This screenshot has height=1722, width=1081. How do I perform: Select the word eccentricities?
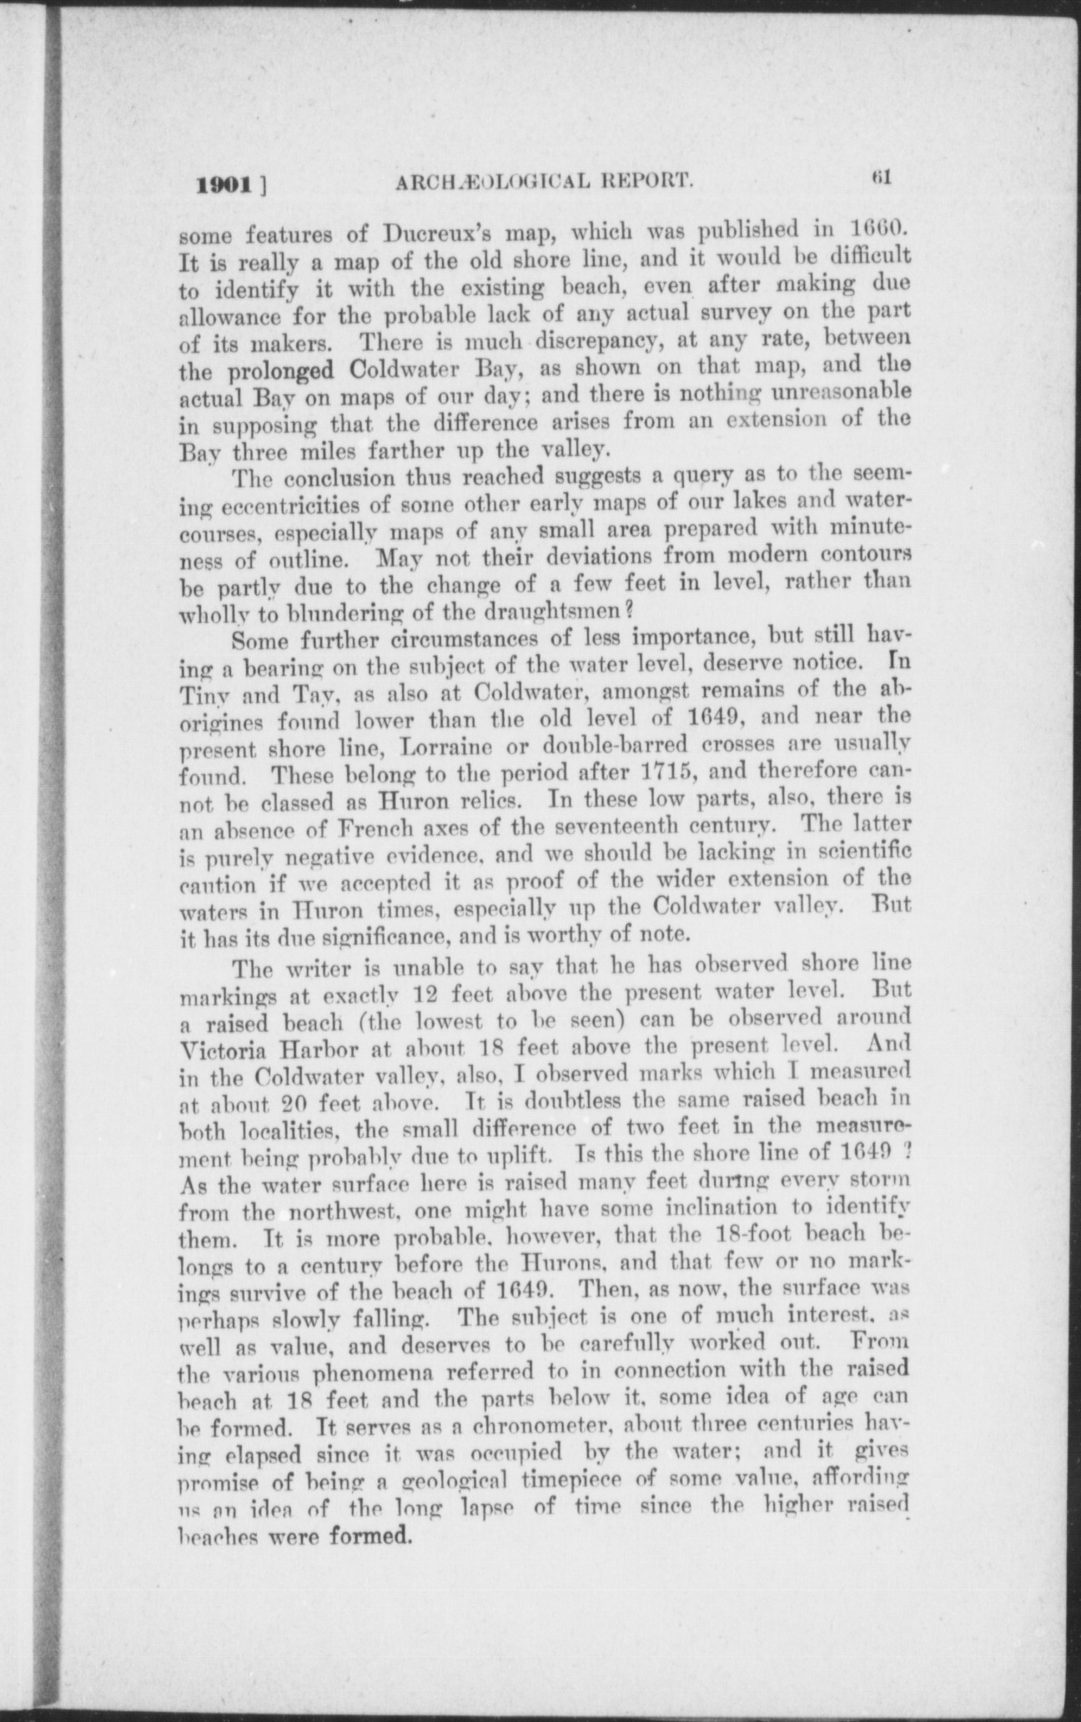(296, 506)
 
